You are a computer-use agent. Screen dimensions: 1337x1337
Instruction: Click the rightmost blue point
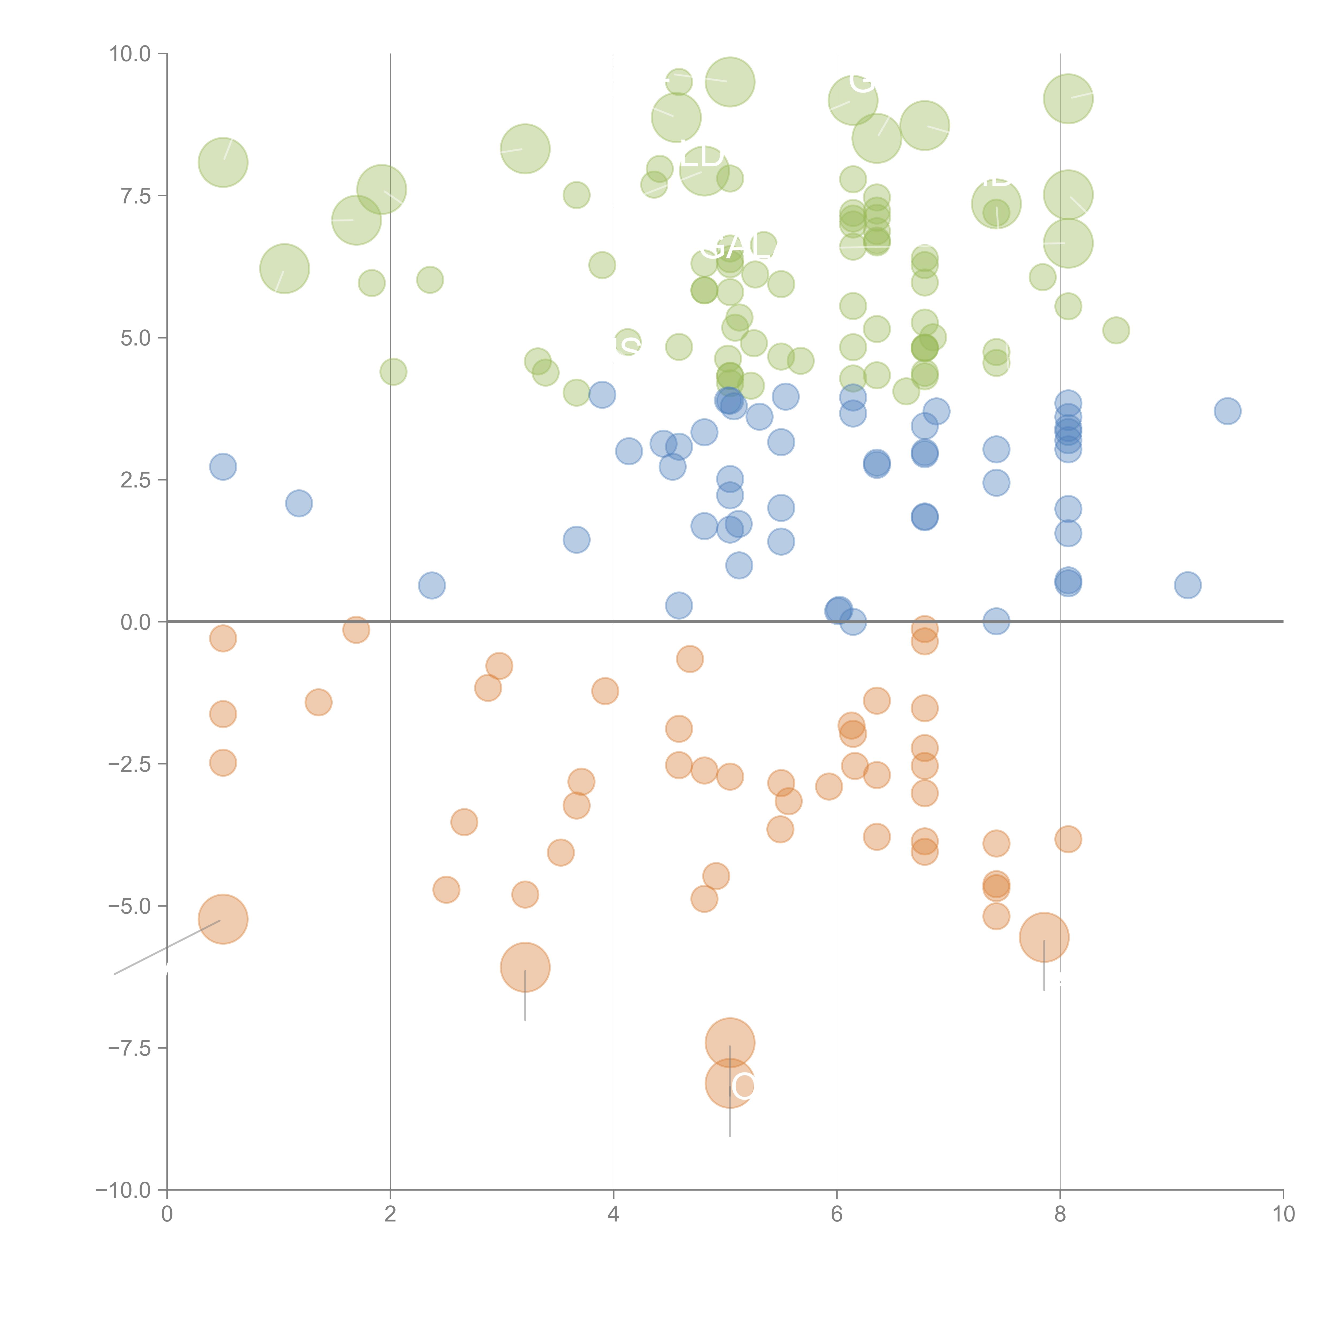coord(1227,411)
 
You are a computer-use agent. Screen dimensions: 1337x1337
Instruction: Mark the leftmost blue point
coord(223,467)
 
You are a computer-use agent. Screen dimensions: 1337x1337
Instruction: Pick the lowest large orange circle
coord(729,1083)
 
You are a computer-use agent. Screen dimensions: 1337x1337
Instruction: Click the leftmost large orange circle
coord(223,919)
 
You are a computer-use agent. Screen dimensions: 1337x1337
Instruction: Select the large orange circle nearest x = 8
coord(1044,938)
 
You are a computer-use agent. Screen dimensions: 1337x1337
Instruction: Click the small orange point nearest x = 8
coord(1068,839)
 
